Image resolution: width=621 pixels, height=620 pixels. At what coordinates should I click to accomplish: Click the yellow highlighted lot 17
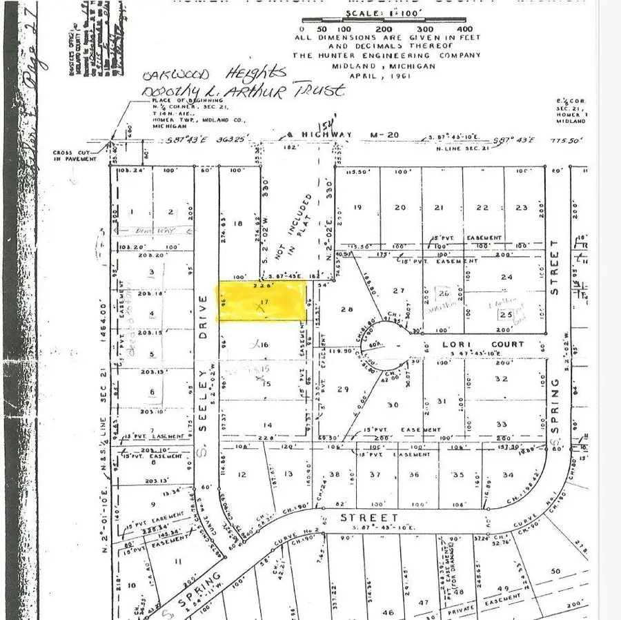pos(262,302)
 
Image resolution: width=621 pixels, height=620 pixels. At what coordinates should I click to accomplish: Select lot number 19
pos(357,208)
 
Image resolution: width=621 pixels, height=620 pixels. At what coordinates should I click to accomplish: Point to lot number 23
pos(522,208)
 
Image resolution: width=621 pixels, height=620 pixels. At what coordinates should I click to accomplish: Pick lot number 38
pos(335,474)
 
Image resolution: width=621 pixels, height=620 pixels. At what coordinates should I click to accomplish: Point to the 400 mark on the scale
pos(464,29)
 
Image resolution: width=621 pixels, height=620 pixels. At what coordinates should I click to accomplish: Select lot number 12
pos(241,474)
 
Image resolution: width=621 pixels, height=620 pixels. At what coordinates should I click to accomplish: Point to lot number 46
pos(388,612)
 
